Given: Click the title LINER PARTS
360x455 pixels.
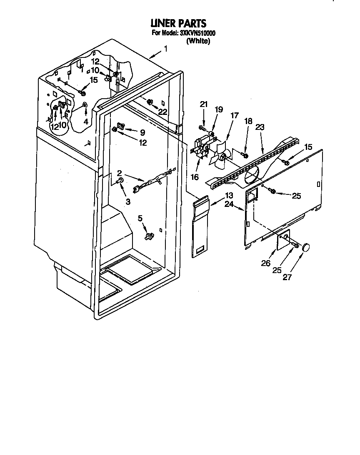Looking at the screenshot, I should (x=178, y=24).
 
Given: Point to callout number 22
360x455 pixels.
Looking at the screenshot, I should (x=162, y=111).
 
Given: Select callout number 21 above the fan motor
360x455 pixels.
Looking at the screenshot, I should (x=203, y=104).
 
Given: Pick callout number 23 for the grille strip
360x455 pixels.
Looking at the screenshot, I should (x=260, y=128).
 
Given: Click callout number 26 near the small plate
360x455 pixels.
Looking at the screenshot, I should (x=266, y=263).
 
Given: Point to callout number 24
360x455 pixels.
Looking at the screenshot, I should (x=229, y=204).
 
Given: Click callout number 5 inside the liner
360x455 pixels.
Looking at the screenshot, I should (x=140, y=217).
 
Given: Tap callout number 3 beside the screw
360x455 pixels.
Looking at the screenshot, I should (x=127, y=201).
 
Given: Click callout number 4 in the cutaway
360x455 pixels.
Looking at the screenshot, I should (x=85, y=122).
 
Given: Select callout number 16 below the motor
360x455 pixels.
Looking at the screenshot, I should (x=194, y=177).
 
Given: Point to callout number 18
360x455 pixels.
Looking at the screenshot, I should (x=248, y=121).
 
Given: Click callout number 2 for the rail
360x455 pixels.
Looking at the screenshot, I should (x=119, y=173).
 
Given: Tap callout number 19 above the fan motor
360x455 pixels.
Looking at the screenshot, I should (x=219, y=109).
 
